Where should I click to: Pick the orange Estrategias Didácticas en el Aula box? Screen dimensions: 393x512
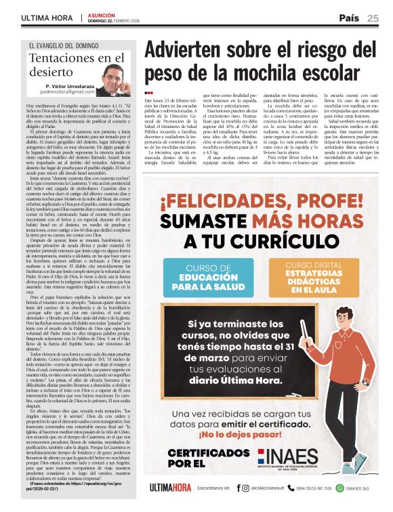coord(295,276)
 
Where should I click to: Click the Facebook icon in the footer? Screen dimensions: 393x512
coord(238,488)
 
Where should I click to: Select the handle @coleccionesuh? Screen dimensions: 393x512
coord(272,488)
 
